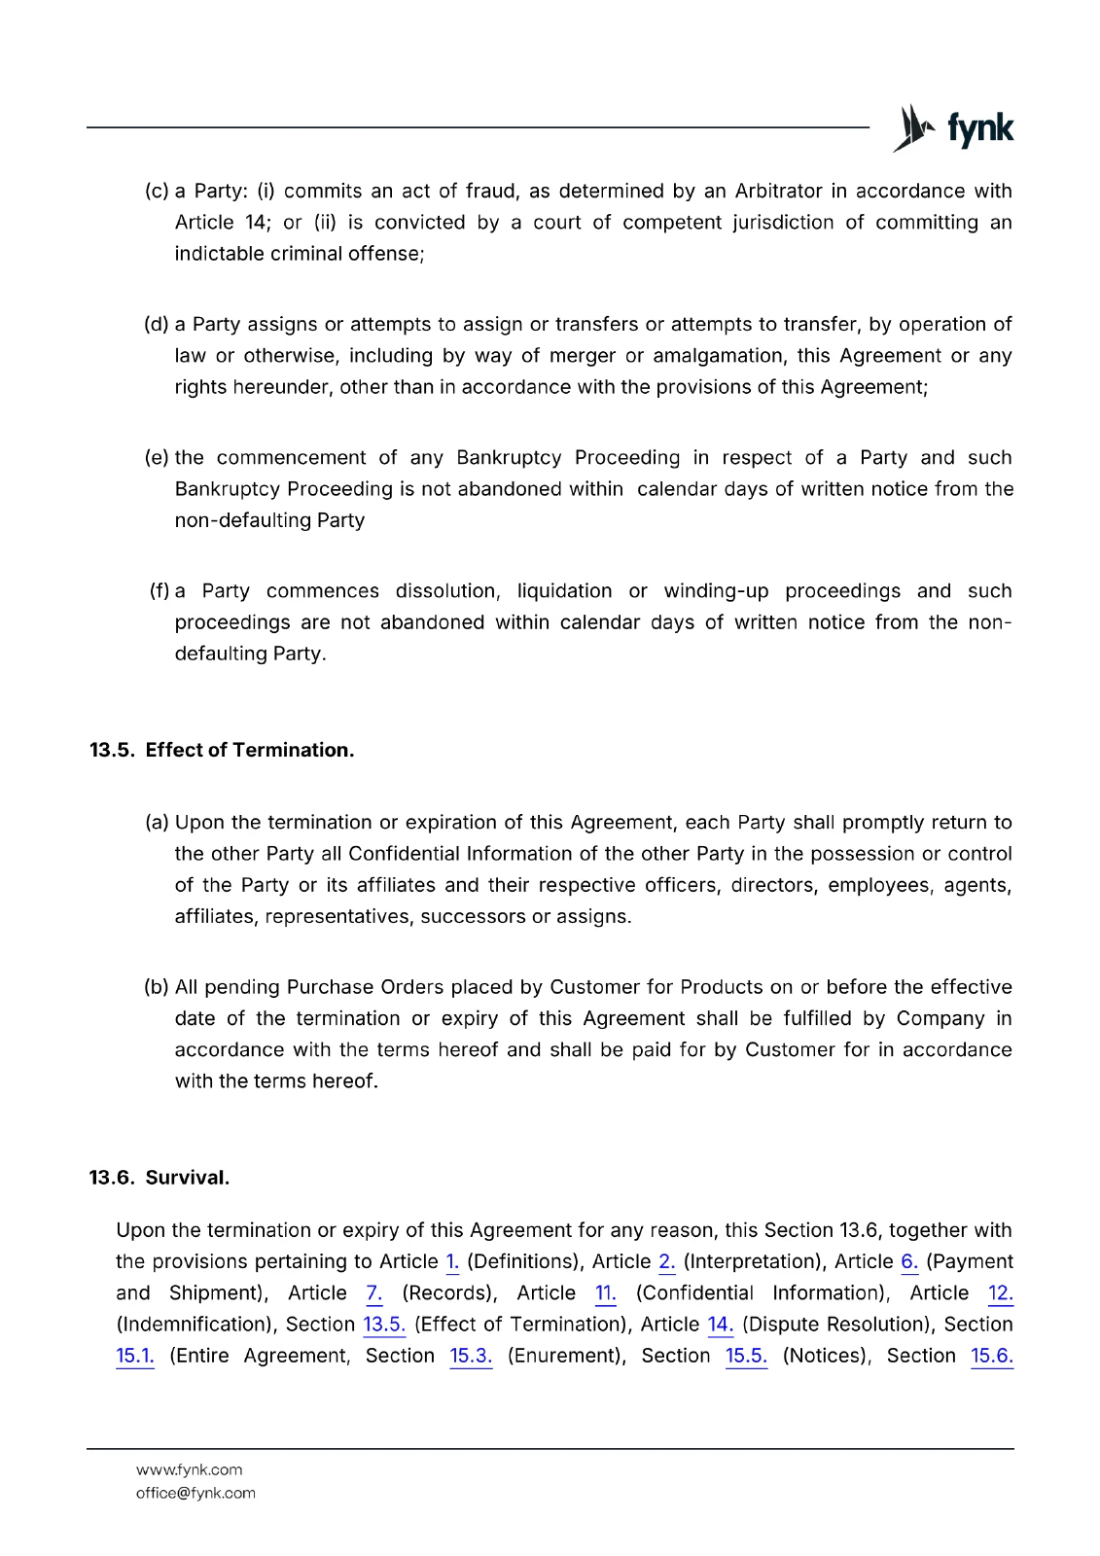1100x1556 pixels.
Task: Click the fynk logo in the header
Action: click(x=953, y=128)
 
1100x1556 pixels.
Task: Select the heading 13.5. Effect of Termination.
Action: click(x=222, y=750)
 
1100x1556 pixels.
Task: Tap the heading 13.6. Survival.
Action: click(x=160, y=1178)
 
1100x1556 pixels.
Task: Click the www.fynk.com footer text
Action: click(x=189, y=1469)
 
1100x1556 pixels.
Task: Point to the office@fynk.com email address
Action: click(x=195, y=1493)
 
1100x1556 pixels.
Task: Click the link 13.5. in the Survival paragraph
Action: click(x=384, y=1325)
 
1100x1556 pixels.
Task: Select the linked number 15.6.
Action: click(x=992, y=1356)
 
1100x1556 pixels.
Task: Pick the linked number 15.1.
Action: click(x=135, y=1356)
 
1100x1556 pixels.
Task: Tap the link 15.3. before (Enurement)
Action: click(x=471, y=1356)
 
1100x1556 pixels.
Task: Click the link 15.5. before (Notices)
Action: click(x=746, y=1356)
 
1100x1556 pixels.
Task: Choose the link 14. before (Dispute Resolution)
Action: click(x=720, y=1325)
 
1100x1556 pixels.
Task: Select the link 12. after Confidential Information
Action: click(x=1001, y=1293)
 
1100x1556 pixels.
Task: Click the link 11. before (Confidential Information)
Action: click(x=605, y=1293)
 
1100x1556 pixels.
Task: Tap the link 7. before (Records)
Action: click(x=374, y=1293)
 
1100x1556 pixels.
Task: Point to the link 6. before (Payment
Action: click(x=909, y=1262)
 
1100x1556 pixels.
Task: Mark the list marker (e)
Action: click(x=157, y=458)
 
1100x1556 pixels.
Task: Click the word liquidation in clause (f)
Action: click(x=564, y=591)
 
